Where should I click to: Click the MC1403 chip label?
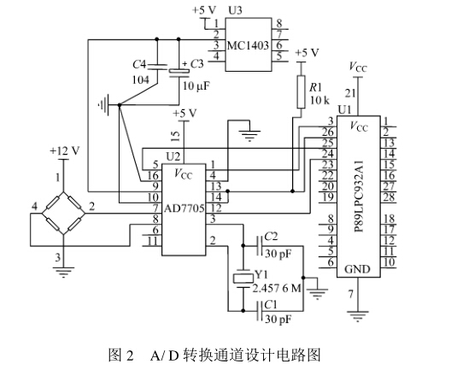[248, 46]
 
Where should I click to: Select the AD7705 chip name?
[184, 208]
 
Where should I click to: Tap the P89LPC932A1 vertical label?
[359, 197]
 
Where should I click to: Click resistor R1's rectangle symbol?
[301, 91]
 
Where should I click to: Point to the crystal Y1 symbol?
[243, 279]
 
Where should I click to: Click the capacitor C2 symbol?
[260, 246]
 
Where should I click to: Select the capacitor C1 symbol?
[260, 311]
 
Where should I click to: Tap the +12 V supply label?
[65, 151]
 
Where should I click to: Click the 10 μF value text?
[196, 86]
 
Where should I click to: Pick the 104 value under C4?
[141, 79]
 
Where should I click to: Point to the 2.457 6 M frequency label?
[277, 288]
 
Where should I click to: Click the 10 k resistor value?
[319, 100]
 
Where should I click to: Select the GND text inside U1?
[357, 269]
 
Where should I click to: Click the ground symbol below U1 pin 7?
[358, 316]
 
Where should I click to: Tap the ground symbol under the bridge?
[63, 273]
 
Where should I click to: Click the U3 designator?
[235, 10]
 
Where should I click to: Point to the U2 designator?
[173, 156]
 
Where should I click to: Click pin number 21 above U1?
[350, 93]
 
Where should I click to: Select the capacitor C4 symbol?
[157, 67]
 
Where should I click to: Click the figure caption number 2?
[130, 355]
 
